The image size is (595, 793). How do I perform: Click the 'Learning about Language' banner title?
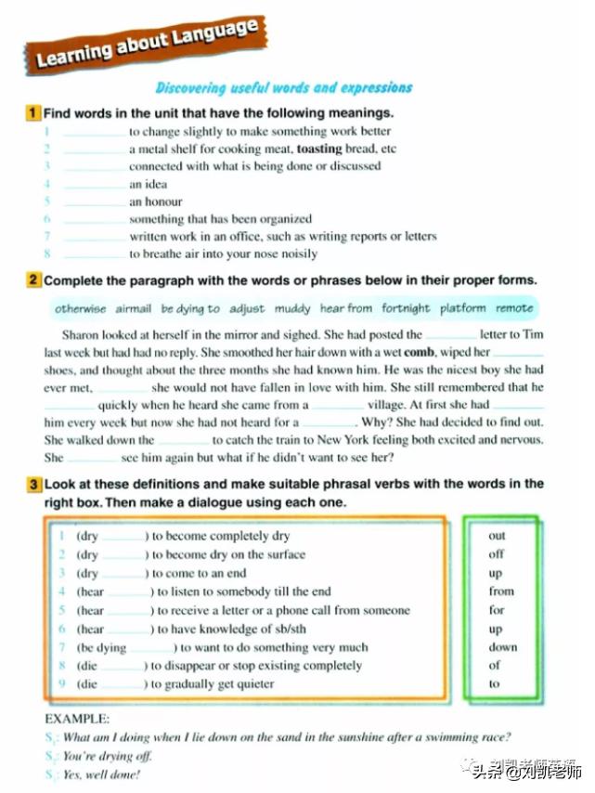pyautogui.click(x=148, y=45)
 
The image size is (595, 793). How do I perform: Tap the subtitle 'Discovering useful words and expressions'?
pyautogui.click(x=283, y=88)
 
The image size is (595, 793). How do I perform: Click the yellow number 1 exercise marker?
pyautogui.click(x=33, y=113)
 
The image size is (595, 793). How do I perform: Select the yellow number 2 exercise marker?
pyautogui.click(x=33, y=279)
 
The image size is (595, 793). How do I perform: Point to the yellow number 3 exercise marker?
pyautogui.click(x=33, y=485)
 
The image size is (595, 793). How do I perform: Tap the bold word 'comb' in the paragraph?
pyautogui.click(x=420, y=352)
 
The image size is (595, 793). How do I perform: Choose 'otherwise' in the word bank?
pyautogui.click(x=81, y=308)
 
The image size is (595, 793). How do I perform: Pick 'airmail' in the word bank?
pyautogui.click(x=134, y=308)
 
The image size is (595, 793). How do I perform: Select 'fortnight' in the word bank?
pyautogui.click(x=406, y=308)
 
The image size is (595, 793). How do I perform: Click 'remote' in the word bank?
pyautogui.click(x=514, y=308)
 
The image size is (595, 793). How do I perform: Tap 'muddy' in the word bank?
pyautogui.click(x=291, y=308)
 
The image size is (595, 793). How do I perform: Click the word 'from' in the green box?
pyautogui.click(x=500, y=591)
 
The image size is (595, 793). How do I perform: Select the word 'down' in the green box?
pyautogui.click(x=502, y=647)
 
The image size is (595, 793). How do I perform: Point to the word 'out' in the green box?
pyautogui.click(x=498, y=536)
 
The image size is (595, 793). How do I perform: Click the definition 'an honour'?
pyautogui.click(x=156, y=201)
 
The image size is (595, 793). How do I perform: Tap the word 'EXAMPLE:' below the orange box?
pyautogui.click(x=77, y=718)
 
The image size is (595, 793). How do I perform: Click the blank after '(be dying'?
pyautogui.click(x=151, y=647)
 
